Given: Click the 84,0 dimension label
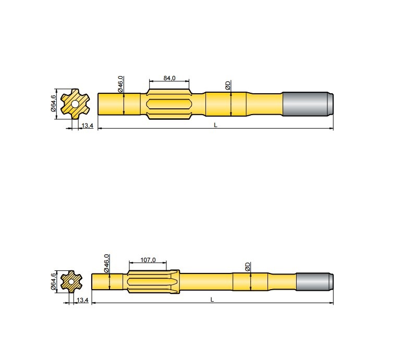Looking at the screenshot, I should [x=169, y=78].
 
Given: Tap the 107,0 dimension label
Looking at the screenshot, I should [x=149, y=259].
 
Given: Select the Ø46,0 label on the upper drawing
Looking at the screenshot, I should [x=120, y=84].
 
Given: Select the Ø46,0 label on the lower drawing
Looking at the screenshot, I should [x=107, y=263].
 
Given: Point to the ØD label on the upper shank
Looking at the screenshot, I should [x=228, y=85].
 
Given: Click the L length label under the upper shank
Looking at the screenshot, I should [x=215, y=126].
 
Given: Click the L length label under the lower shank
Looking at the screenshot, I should [x=212, y=300].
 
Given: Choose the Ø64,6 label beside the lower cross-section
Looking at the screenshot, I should [x=53, y=281].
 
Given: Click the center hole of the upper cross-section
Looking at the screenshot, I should [x=76, y=104].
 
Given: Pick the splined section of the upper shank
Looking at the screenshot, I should [x=169, y=104].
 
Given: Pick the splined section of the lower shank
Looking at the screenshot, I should [x=153, y=282].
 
